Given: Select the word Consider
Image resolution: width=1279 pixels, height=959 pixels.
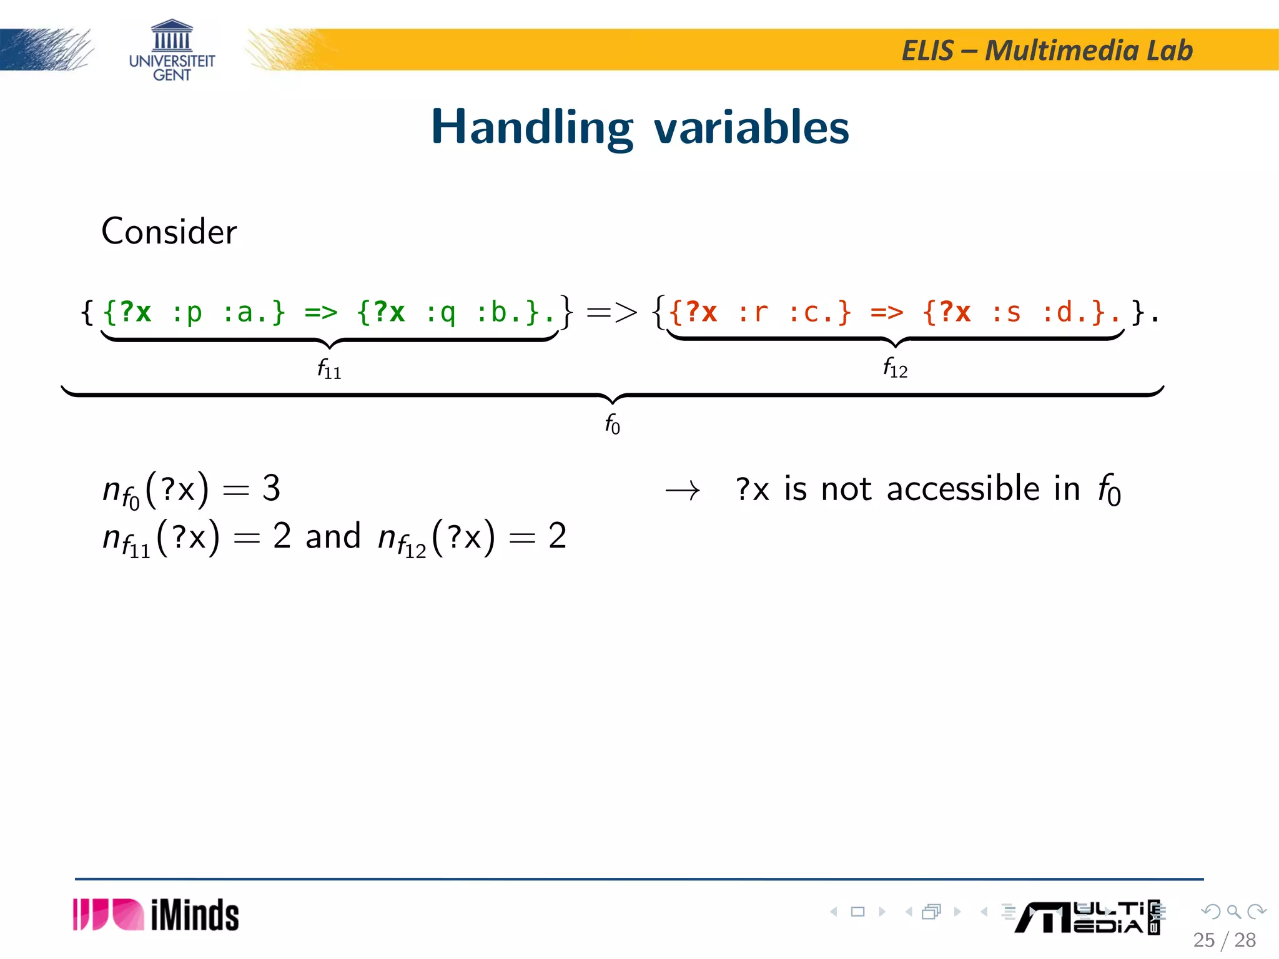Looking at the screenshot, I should tap(169, 232).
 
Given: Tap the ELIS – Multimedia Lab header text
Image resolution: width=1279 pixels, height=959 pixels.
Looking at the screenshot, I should tap(1047, 51).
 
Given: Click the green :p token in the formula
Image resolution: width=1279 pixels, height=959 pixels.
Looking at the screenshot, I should tap(187, 312).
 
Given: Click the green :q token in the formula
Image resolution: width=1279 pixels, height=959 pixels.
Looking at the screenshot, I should tap(440, 312).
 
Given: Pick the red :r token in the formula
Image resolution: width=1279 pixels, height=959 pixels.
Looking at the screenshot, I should tap(753, 312).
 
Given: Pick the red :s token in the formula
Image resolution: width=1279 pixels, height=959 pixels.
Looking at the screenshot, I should tap(1006, 312).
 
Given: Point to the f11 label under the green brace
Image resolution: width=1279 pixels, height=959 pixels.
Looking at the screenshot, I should tap(329, 369).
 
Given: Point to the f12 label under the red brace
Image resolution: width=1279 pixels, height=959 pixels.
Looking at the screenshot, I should tap(895, 368).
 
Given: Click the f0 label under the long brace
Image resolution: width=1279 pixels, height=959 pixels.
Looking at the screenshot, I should tap(612, 424).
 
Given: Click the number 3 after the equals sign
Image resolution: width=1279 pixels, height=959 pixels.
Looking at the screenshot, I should tap(271, 488).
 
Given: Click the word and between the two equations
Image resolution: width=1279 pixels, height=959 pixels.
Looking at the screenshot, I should tap(333, 536).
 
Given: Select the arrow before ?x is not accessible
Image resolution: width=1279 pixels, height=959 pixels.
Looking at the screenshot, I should tap(683, 491).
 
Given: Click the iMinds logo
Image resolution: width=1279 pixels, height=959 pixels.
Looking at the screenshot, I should tap(156, 915).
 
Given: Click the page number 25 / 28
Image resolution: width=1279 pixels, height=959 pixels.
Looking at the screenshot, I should tap(1224, 940).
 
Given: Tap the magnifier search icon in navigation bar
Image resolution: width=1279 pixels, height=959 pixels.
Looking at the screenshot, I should tap(1233, 912).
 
